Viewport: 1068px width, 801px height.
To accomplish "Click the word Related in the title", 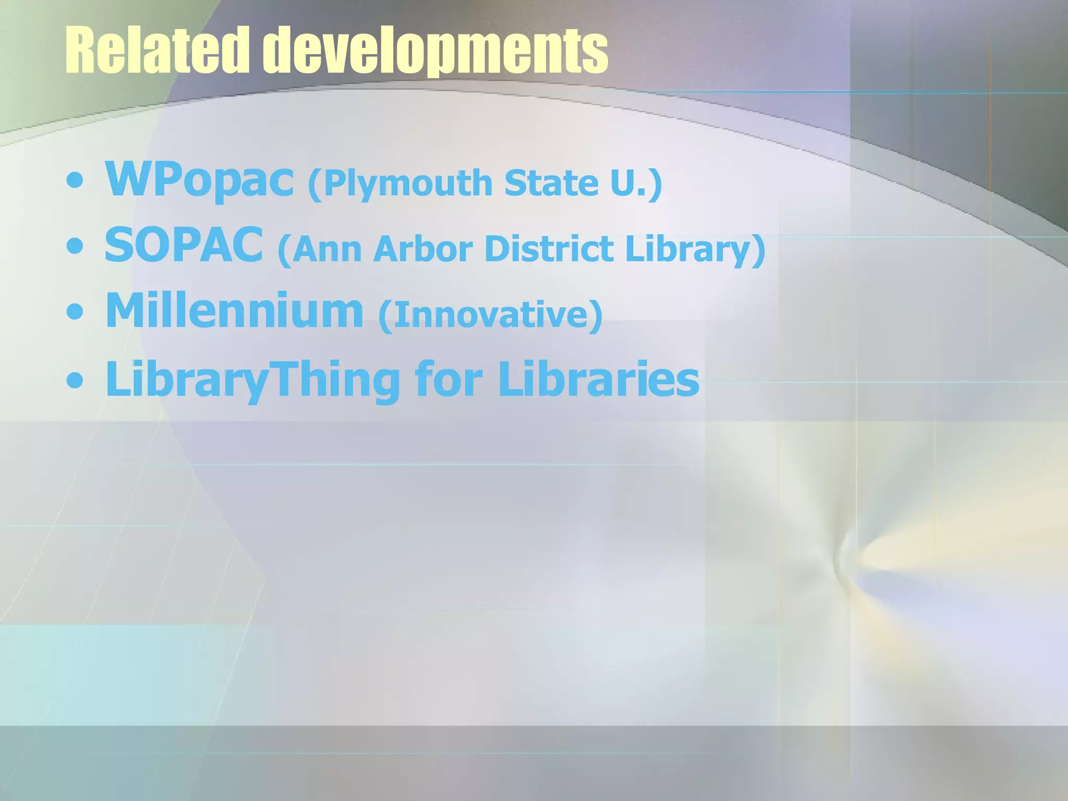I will (157, 51).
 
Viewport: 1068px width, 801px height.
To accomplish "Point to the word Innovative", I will (490, 315).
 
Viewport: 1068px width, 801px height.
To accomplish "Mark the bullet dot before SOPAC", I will (75, 247).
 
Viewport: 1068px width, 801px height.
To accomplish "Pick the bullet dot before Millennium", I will (75, 312).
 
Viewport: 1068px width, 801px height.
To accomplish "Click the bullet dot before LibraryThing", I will (75, 380).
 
